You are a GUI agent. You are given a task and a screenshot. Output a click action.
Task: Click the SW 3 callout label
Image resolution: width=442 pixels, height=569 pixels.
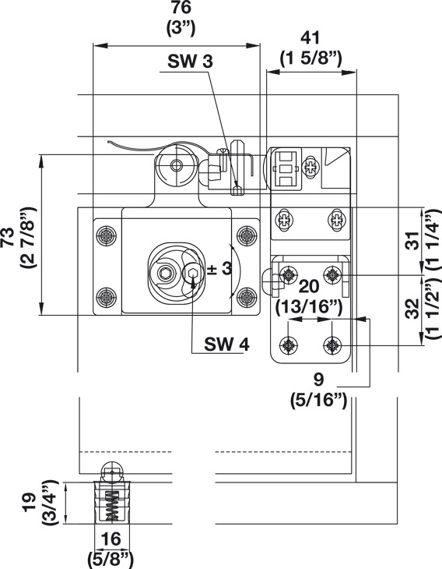(x=190, y=62)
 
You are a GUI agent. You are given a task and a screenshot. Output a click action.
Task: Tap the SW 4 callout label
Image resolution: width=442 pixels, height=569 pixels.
(x=226, y=344)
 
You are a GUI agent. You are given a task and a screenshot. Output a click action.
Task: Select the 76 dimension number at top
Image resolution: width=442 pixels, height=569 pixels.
(x=181, y=8)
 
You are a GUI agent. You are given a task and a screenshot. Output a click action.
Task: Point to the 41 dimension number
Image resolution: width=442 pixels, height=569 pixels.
(x=310, y=38)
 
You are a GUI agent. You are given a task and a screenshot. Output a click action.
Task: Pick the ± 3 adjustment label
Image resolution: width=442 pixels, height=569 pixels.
(x=219, y=269)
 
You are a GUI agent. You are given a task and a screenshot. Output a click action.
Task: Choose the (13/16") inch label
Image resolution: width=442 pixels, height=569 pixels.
(x=309, y=308)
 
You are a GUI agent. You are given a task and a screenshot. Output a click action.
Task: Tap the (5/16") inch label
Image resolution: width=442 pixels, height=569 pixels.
(x=318, y=401)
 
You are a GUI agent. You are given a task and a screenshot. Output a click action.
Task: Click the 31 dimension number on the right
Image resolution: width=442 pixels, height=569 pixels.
(x=412, y=240)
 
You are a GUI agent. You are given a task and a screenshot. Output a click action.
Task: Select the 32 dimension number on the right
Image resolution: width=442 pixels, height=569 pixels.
(x=412, y=309)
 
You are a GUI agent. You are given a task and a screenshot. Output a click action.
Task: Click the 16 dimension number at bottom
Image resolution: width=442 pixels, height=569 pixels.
(x=110, y=539)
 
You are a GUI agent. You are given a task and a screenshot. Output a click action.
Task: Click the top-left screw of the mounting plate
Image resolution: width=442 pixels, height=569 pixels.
(x=107, y=236)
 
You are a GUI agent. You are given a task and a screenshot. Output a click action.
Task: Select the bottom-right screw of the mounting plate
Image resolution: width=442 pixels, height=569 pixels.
(x=247, y=297)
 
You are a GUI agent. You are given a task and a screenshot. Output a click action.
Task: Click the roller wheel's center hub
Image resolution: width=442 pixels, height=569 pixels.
(x=177, y=166)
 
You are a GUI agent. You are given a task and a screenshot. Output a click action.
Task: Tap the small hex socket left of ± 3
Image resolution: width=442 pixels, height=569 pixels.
(x=192, y=272)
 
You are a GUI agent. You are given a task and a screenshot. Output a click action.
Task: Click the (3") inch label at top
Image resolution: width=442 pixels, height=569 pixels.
(x=181, y=28)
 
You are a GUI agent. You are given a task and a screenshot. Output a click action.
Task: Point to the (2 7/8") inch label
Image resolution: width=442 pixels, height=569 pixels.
(x=28, y=238)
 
